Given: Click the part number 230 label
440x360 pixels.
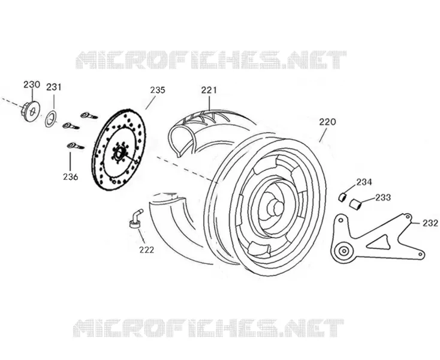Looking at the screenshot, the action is pos(31,84).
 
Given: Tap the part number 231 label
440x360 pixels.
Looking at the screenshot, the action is pos(53,87).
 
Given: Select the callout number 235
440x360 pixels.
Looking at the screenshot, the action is pos(158,90).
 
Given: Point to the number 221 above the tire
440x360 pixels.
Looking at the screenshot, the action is pos(209,90).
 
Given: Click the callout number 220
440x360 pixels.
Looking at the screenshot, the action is pos(327,122).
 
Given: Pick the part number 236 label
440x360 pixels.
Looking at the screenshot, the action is pos(70,177).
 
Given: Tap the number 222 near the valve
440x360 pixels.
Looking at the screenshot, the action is pos(146,250).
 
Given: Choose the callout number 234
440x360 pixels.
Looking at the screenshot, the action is pos(364,182).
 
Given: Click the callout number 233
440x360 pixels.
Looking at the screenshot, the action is pos(383,197).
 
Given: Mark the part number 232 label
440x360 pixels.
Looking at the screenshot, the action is pos(430,223).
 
